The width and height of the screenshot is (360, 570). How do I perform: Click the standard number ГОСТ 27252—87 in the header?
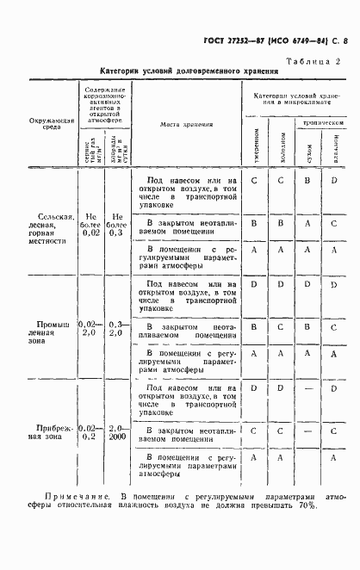click(x=233, y=41)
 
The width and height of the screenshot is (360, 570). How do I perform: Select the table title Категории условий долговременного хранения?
click(x=186, y=72)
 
